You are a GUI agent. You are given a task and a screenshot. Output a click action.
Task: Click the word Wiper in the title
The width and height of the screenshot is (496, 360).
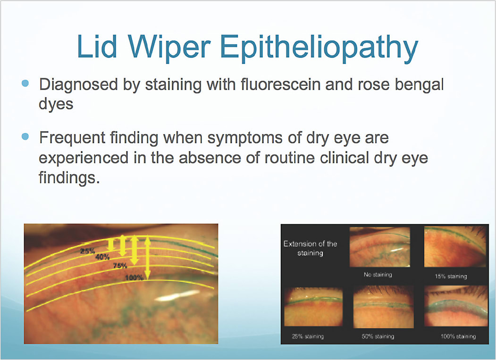click(x=169, y=47)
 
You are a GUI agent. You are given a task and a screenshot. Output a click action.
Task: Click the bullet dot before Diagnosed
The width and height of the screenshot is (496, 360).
click(x=25, y=84)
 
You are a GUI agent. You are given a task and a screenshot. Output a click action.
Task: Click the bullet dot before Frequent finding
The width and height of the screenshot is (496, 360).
click(x=25, y=137)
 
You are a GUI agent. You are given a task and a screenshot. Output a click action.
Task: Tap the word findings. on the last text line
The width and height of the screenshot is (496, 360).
click(x=69, y=177)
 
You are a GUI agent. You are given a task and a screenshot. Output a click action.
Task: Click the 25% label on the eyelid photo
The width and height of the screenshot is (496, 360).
click(x=88, y=251)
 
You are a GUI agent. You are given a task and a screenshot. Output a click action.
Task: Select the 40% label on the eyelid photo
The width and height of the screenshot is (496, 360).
click(x=102, y=257)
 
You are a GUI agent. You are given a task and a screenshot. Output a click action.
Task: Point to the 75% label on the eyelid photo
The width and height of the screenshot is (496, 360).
click(x=120, y=266)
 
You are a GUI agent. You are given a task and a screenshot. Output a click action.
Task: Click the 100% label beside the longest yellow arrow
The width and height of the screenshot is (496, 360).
click(x=135, y=278)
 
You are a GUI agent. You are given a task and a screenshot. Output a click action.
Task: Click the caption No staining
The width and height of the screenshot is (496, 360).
click(x=378, y=275)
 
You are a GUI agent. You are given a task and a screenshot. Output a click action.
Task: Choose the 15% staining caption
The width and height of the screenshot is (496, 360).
click(x=451, y=276)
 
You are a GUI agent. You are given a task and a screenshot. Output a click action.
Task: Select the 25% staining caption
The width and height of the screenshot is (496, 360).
click(x=308, y=336)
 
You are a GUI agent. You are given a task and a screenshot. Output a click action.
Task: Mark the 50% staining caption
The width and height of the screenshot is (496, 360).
click(x=378, y=336)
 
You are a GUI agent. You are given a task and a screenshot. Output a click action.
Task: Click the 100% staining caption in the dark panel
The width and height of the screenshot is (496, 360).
click(x=458, y=336)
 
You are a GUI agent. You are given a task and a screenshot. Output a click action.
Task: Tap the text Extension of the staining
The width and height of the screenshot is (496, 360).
click(x=310, y=248)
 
